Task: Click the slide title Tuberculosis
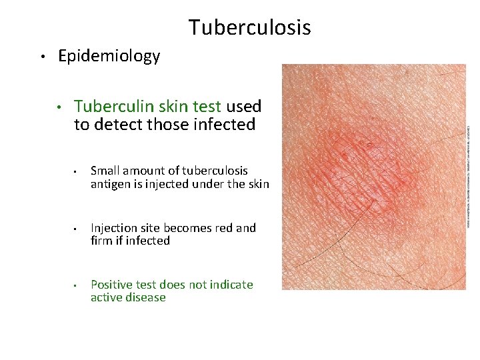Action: (x=249, y=27)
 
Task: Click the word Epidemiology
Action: (x=109, y=56)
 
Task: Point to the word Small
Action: (x=105, y=171)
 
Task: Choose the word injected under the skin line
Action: (x=173, y=184)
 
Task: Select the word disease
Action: (x=146, y=297)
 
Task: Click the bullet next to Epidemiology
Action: (x=41, y=57)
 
